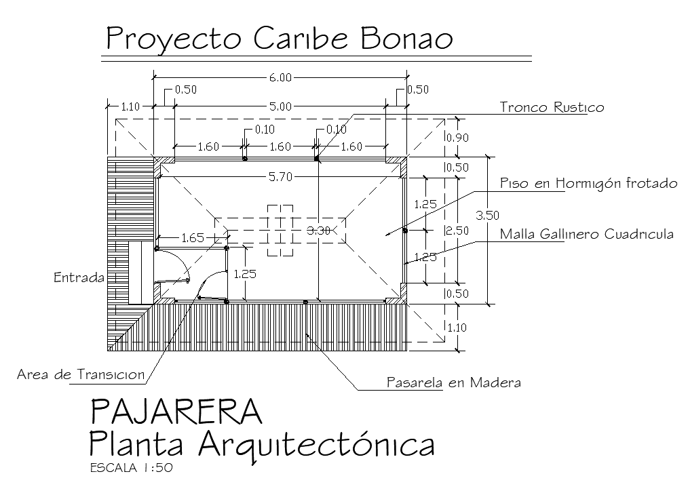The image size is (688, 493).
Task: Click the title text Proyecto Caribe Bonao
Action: (279, 39)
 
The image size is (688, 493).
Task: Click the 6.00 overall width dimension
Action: (280, 77)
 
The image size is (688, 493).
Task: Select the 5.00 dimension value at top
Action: (280, 106)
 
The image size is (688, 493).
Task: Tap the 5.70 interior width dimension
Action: (280, 178)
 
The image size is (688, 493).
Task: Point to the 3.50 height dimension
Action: (488, 216)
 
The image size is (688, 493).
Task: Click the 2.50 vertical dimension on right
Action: (457, 231)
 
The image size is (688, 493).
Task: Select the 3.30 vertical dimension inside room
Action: (318, 231)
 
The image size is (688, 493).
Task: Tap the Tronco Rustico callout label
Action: (551, 107)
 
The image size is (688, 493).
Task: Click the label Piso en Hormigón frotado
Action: (588, 184)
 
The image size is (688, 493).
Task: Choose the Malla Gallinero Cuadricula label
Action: (586, 235)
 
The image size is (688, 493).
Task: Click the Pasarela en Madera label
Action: (453, 382)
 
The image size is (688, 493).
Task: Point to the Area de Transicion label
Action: (81, 374)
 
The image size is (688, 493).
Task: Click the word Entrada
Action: (79, 277)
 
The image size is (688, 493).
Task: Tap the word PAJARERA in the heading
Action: (176, 412)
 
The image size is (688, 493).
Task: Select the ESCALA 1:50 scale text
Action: (132, 468)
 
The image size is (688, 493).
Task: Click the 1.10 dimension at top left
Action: (130, 106)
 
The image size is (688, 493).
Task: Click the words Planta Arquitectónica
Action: (261, 444)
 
